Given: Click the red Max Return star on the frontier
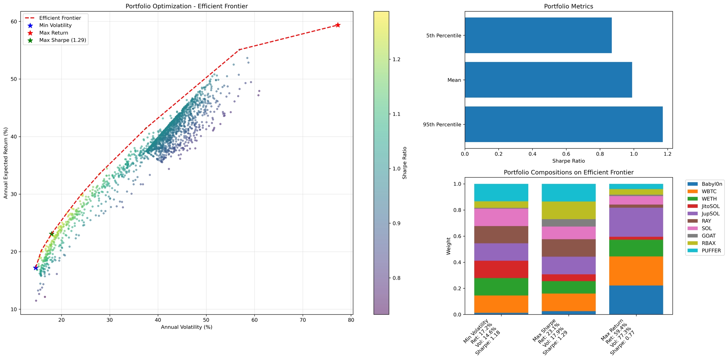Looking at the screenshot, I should coord(338,25).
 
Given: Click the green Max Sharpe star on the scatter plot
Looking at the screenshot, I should coord(52,234).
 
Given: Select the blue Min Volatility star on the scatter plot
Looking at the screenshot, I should coord(36,268).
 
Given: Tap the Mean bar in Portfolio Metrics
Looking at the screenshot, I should coord(548,80).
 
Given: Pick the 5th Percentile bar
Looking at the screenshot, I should coord(538,35).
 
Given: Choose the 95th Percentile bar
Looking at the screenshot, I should coord(564,124).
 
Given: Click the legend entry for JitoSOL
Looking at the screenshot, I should coord(711,206).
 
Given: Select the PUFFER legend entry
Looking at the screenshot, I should coord(711,250).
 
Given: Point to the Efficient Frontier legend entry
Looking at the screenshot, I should coord(60,18).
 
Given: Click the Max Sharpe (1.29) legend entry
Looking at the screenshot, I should coord(63,40).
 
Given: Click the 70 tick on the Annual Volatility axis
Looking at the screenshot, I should coord(303,320).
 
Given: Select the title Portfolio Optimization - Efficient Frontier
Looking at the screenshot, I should coord(186,6).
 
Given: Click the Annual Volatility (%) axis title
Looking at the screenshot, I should coord(186,327).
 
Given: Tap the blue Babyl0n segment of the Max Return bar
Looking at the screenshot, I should coord(636,300).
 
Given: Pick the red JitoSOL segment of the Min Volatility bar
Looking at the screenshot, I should coord(501,269).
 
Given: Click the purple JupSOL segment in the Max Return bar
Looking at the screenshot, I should coord(636,222).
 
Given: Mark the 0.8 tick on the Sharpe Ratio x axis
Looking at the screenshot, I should coord(600,154).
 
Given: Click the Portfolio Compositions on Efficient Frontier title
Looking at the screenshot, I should coord(568,172).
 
